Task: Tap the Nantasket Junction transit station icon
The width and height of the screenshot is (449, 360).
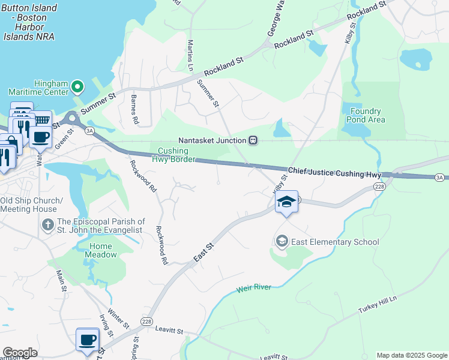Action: tap(253, 140)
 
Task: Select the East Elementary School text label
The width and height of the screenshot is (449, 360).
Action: tap(335, 242)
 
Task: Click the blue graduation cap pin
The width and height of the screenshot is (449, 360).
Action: tap(287, 202)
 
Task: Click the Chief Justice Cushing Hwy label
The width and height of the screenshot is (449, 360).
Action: tap(334, 173)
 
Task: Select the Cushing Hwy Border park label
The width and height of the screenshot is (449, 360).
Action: tap(176, 155)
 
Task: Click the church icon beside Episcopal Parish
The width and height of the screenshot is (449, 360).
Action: tap(48, 226)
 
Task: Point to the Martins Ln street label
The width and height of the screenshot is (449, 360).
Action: tap(190, 55)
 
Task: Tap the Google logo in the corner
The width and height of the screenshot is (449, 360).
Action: tap(20, 353)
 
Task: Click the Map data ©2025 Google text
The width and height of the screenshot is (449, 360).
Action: tap(411, 355)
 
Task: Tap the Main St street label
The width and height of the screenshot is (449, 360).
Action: tap(61, 281)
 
